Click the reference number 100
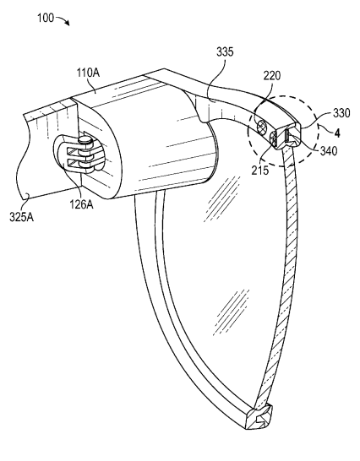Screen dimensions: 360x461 tap(46, 18)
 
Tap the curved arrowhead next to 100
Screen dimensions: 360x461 tap(68, 24)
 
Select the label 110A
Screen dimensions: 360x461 tap(88, 73)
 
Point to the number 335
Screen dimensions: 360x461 tap(225, 52)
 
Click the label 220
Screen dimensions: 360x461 tap(272, 76)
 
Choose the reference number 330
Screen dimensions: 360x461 tap(341, 113)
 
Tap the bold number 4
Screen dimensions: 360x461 tap(337, 133)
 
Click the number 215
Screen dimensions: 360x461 tap(260, 171)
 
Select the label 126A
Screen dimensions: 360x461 tap(81, 204)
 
